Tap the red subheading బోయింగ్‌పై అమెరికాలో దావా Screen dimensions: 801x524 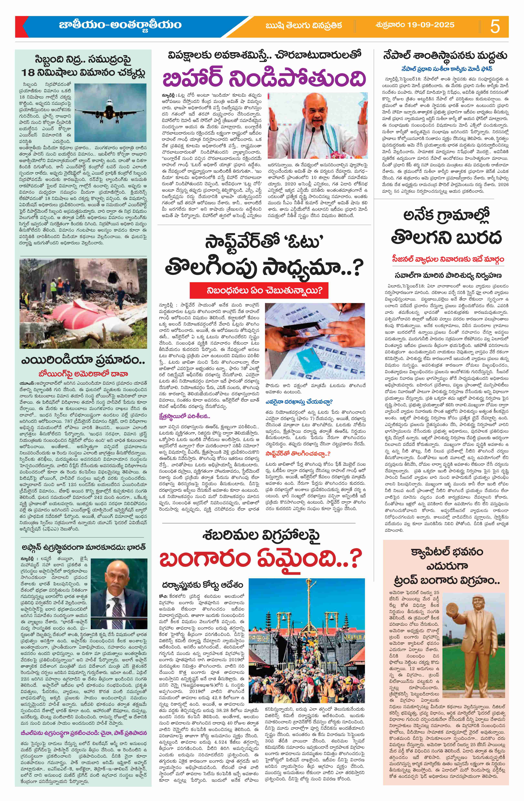(83, 374)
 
